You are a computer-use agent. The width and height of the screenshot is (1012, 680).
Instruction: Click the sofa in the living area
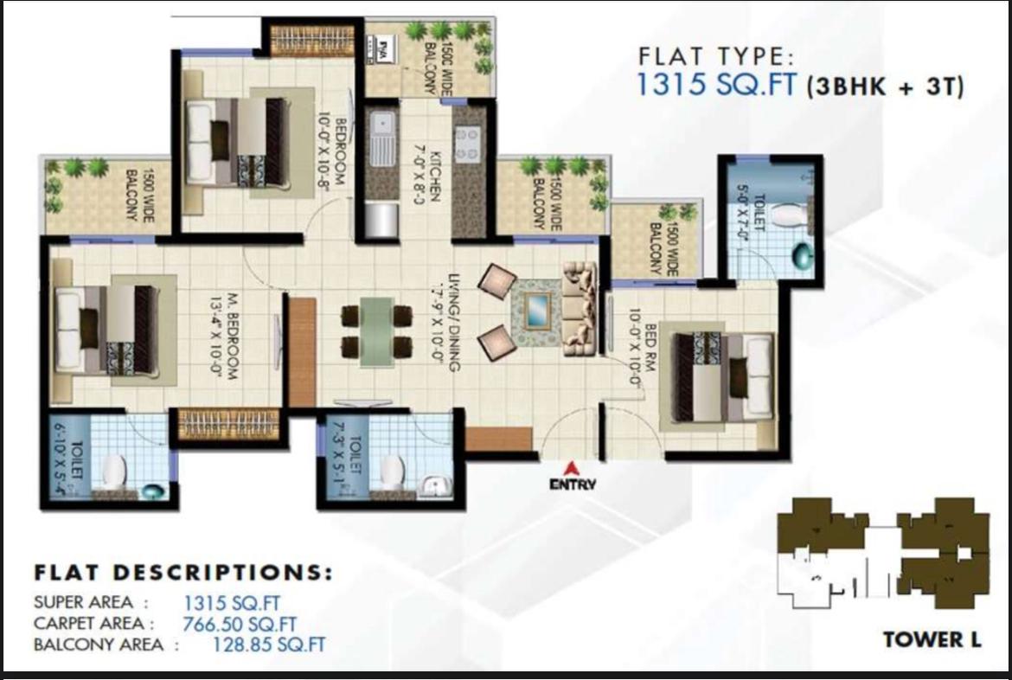[x=580, y=308]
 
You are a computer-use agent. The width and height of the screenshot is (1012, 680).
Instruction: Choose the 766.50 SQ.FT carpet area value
[x=240, y=624]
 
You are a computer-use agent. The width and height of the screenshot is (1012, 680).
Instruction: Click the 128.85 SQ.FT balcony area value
[x=269, y=645]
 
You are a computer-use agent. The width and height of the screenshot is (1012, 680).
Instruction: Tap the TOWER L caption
[x=932, y=640]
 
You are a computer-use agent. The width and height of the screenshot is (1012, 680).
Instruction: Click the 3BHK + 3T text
[x=885, y=87]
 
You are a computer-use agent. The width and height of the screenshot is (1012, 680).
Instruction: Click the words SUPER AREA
[x=85, y=603]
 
